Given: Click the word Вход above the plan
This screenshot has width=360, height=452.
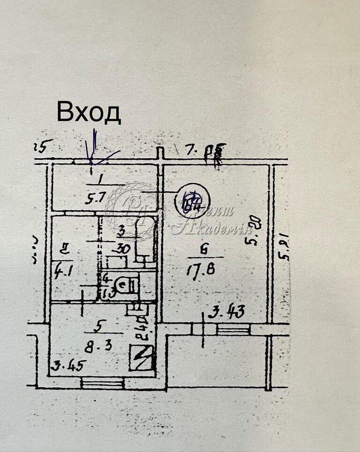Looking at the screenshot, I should tap(89, 113).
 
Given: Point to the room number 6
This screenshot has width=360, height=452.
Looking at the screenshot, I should tap(203, 251).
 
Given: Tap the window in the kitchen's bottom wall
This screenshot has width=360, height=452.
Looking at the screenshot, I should tap(102, 384).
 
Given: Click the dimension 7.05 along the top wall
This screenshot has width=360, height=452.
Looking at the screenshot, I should tap(205, 151).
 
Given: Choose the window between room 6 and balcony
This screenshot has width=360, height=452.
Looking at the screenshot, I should tap(233, 330).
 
